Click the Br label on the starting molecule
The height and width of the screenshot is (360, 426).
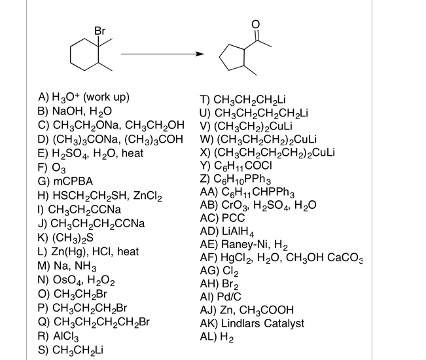99,30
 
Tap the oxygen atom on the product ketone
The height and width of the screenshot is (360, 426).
257,25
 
